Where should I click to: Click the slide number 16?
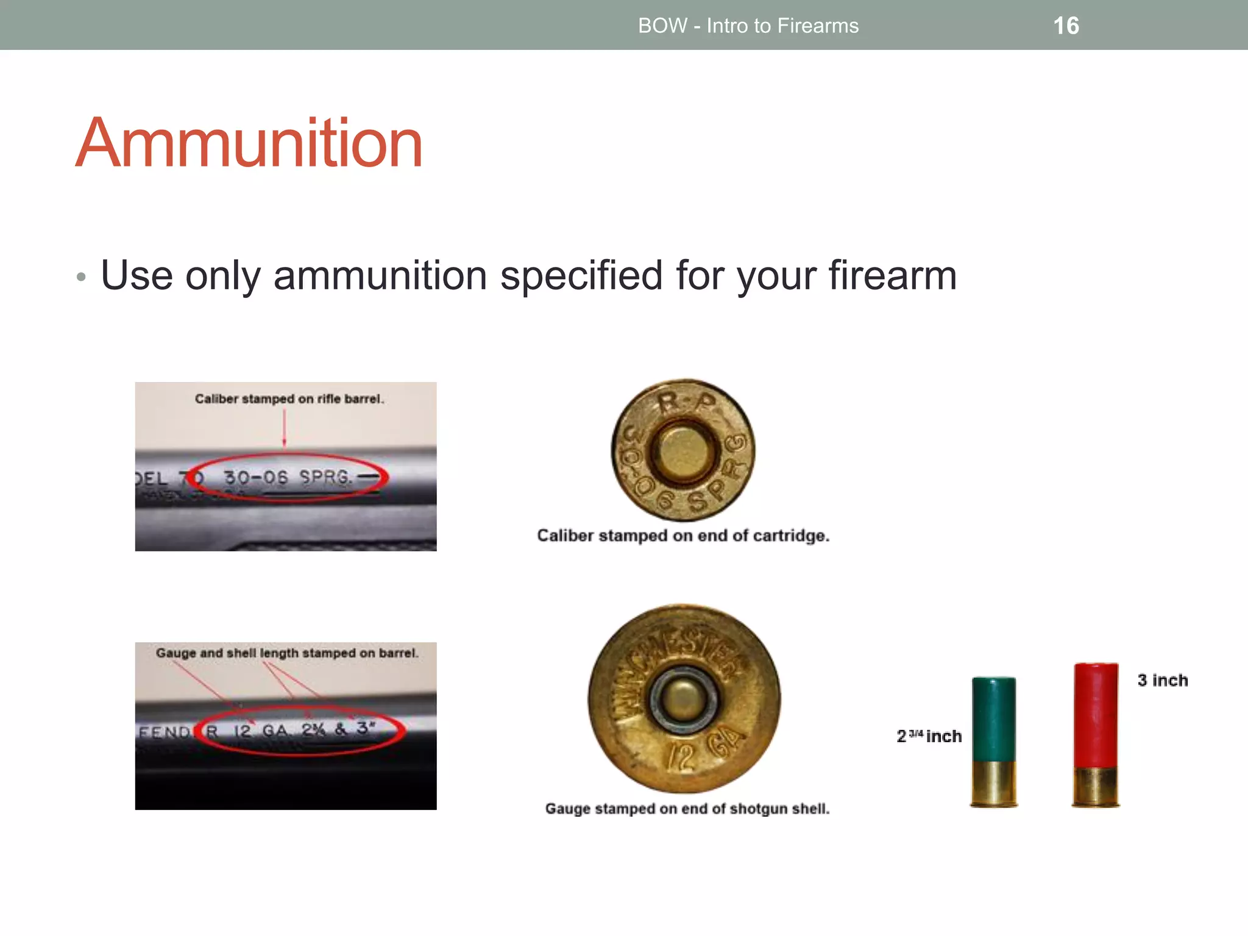click(1066, 26)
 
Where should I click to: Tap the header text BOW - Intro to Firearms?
click(748, 26)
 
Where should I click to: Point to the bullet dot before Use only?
click(82, 277)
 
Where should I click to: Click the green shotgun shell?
click(994, 719)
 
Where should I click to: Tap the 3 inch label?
click(1162, 680)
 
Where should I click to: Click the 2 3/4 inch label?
click(929, 736)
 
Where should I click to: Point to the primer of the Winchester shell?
click(684, 698)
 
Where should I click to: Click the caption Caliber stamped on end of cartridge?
click(682, 536)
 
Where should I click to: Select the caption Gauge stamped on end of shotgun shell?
click(687, 809)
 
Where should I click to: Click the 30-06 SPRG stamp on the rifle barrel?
click(288, 477)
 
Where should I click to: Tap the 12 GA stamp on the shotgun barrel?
click(261, 730)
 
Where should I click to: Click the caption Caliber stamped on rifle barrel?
click(289, 399)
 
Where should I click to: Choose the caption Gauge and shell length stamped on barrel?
click(286, 653)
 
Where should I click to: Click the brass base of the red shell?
click(1096, 786)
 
